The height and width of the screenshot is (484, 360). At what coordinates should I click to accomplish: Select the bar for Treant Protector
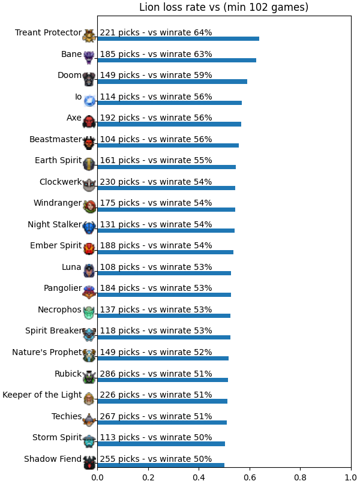point(178,38)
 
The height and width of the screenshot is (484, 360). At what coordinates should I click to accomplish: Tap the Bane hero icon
point(89,58)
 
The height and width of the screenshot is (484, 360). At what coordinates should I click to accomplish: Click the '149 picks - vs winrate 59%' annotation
point(156,75)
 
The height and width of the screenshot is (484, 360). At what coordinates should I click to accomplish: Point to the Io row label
point(79,97)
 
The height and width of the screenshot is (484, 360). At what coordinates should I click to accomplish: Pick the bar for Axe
point(169,124)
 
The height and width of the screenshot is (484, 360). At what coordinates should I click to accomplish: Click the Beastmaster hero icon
point(89,143)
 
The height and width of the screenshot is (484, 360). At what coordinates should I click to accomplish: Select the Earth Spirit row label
point(58,161)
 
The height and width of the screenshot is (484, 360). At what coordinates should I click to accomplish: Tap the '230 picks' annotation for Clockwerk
point(120,182)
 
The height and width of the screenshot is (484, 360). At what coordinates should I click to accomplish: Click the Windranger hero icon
point(89,206)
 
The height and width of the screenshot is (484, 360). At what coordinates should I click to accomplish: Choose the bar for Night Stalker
point(166,230)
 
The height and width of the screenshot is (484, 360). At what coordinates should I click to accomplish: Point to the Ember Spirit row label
point(56,246)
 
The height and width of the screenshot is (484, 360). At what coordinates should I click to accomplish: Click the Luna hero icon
point(89,270)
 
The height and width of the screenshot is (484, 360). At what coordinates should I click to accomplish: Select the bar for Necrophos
point(164,316)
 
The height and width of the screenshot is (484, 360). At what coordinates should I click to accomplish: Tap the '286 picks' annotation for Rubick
point(120,374)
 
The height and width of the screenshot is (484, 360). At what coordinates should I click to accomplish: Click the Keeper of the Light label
point(42,395)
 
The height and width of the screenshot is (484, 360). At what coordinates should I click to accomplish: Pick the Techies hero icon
point(89,420)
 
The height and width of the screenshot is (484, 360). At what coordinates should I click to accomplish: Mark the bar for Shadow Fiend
point(161,465)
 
